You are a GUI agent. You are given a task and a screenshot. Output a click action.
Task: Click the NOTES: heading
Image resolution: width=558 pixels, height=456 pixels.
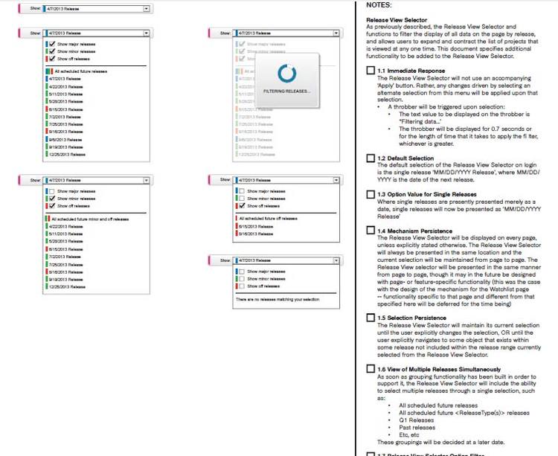[x=379, y=5]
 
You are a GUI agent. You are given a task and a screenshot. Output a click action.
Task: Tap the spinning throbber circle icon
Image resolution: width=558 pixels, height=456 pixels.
[x=287, y=72]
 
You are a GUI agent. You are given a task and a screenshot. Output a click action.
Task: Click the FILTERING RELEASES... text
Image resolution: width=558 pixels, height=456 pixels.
[x=287, y=91]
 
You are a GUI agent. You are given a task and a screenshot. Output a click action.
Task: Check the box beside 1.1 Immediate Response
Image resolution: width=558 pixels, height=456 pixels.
[x=371, y=71]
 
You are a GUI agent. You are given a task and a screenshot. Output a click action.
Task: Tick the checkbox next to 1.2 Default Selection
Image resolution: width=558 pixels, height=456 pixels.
[x=371, y=158]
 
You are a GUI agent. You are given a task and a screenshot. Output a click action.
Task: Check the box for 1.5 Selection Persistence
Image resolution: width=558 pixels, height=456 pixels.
[x=371, y=318]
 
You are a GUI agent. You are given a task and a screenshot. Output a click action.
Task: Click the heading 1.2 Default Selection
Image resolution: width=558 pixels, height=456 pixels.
[x=405, y=158]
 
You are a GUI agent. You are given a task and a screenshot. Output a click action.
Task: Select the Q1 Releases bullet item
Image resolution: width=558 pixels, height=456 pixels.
[x=416, y=419]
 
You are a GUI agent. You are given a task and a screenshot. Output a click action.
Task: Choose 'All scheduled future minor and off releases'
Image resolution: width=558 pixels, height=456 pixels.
[x=84, y=219]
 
